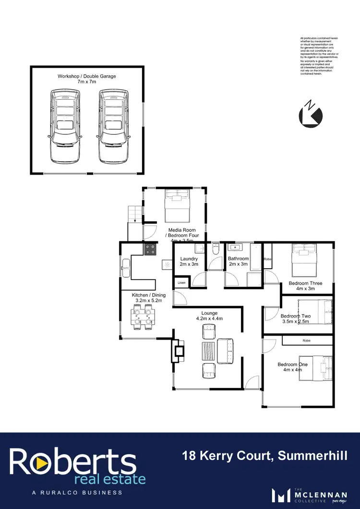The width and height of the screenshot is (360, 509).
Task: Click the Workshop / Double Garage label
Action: pos(87,79)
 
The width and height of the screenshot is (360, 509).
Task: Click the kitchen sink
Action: pos(126,267)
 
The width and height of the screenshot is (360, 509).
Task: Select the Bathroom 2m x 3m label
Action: pos(238,261)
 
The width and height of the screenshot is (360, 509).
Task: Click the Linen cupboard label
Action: pos(181,283)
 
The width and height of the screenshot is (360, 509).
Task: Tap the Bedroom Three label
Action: pos(305,286)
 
